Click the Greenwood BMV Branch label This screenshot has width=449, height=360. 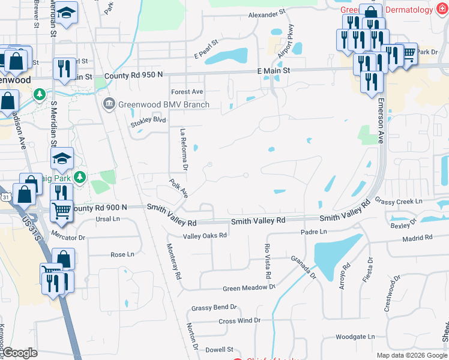163,104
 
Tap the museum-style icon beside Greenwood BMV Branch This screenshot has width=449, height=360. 109,104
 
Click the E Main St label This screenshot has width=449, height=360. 273,71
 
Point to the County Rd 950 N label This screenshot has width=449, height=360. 133,76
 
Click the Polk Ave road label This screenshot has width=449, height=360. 179,188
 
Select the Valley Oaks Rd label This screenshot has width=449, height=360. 205,236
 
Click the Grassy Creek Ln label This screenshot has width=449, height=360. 399,200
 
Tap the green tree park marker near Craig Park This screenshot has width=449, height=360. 79,177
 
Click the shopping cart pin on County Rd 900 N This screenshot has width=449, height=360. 61,211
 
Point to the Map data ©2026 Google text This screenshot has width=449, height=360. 411,355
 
